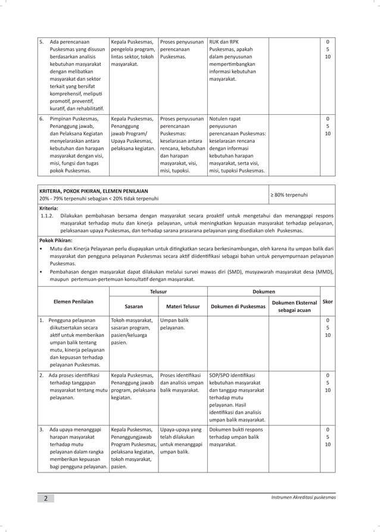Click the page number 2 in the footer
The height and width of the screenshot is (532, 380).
click(45, 498)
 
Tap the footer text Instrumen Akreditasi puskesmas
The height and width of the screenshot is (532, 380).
click(303, 497)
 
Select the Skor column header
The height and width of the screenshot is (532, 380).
click(327, 302)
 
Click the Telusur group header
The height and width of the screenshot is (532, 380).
click(158, 292)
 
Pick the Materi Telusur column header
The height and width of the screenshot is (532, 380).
click(182, 306)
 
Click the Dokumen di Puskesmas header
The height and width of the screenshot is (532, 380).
click(237, 306)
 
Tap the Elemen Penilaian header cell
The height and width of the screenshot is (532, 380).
click(73, 302)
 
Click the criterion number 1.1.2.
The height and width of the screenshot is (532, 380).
click(47, 216)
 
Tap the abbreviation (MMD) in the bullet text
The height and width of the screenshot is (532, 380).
click(324, 271)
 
